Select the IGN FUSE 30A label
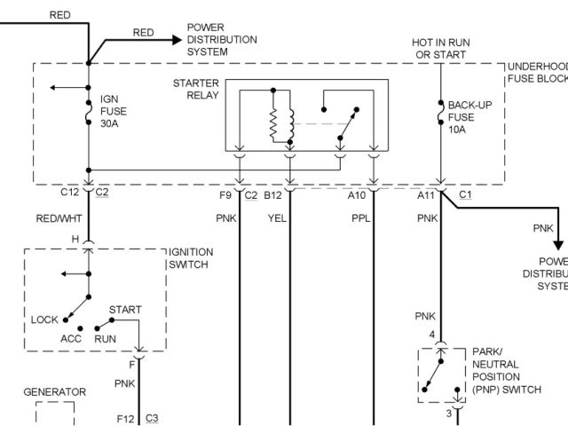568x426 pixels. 114,111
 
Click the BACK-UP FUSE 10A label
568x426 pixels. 467,116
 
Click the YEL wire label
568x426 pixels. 276,218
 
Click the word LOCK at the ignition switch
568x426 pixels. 44,319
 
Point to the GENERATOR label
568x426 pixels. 54,391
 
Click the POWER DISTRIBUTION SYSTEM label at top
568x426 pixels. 222,40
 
